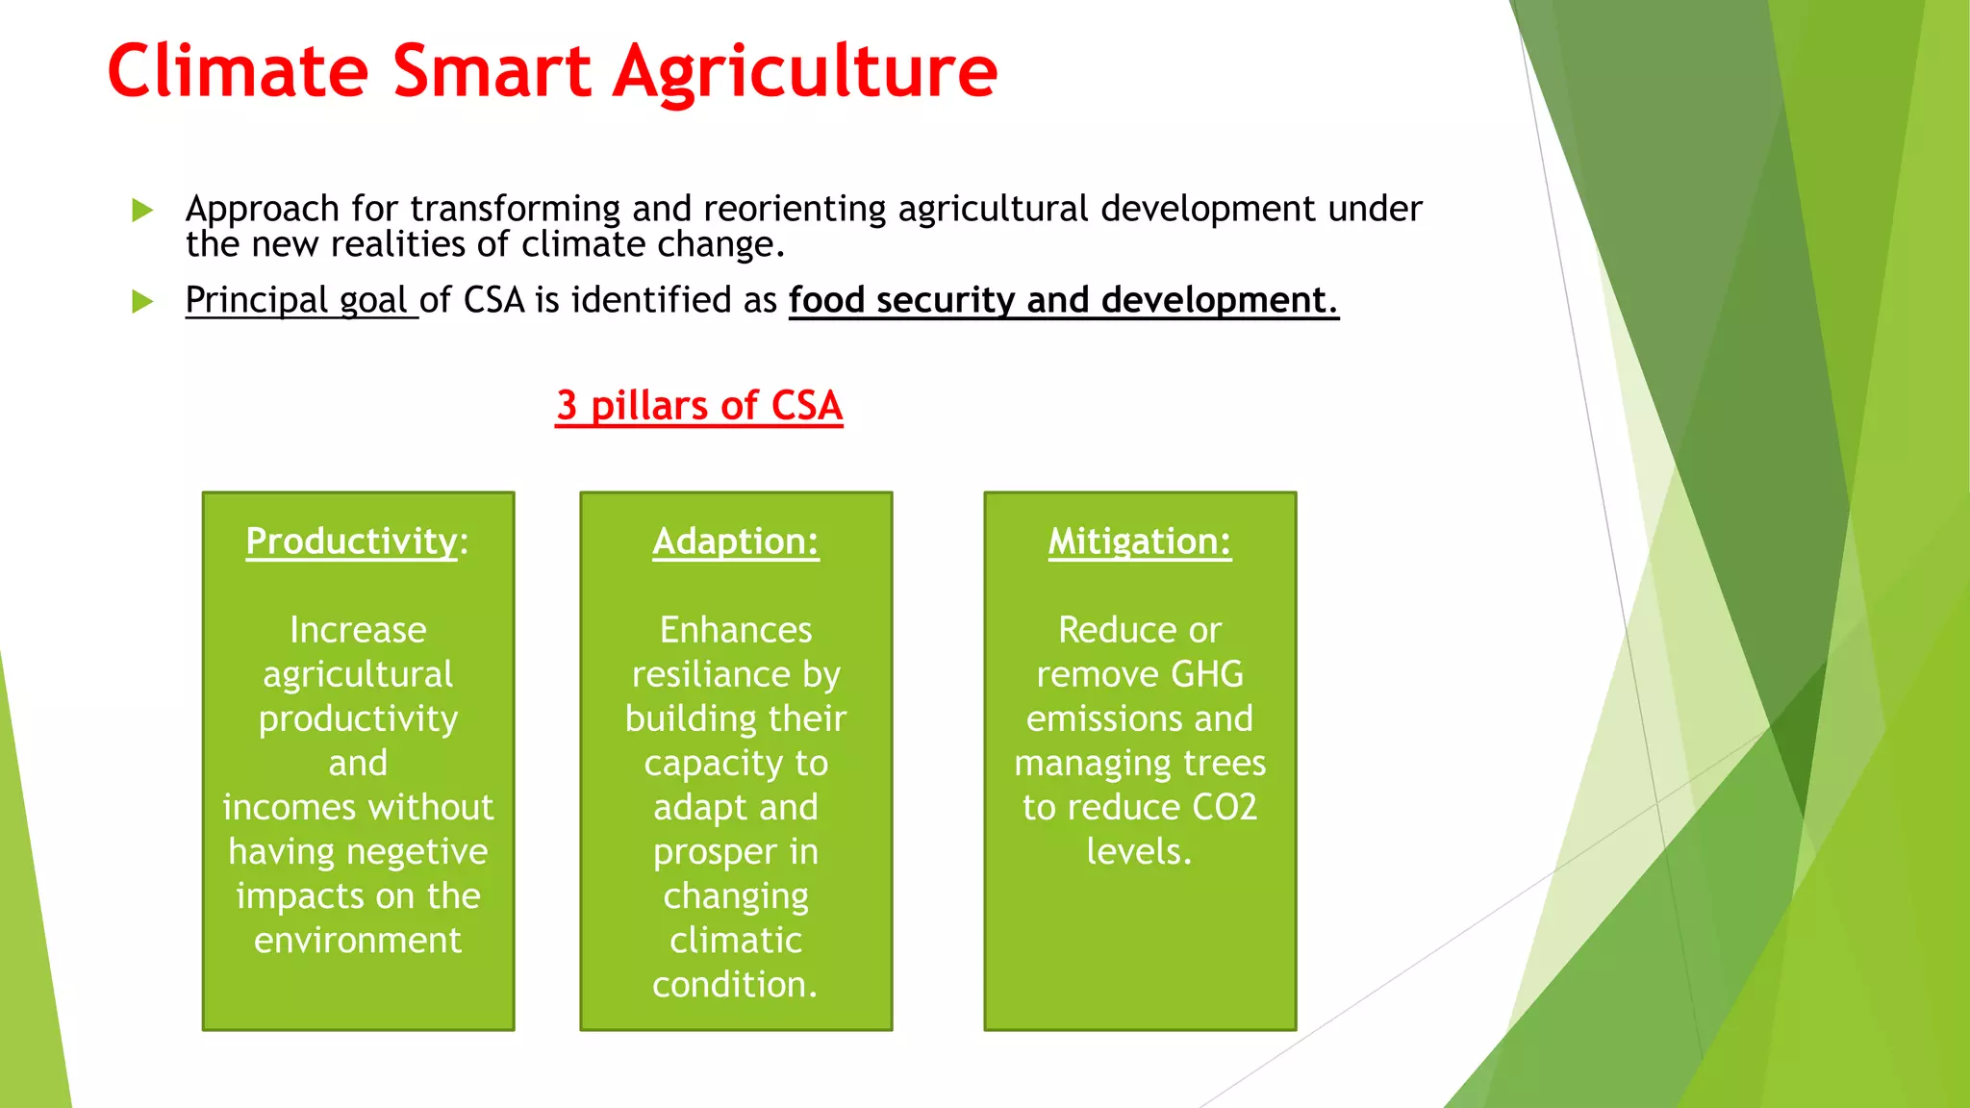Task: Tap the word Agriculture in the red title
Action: [x=806, y=73]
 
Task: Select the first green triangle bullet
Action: [x=142, y=210]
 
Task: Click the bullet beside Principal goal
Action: [x=142, y=302]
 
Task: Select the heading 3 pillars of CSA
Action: [x=699, y=406]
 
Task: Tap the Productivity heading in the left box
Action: [x=352, y=541]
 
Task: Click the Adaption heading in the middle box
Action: [x=736, y=541]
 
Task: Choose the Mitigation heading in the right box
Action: [x=1139, y=541]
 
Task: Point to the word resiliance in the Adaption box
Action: [x=710, y=674]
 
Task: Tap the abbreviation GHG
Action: [x=1207, y=674]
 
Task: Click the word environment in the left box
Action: [x=358, y=941]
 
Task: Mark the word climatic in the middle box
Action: [x=736, y=941]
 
